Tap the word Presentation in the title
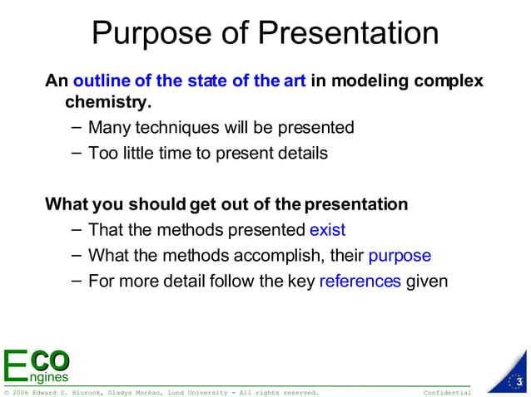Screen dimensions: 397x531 click(348, 33)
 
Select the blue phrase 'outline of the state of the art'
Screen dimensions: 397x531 click(190, 81)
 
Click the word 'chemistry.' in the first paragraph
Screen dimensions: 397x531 click(108, 102)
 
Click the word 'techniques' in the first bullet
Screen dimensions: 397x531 click(176, 128)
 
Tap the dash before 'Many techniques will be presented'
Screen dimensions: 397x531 click(77, 128)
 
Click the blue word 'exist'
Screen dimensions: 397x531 click(327, 230)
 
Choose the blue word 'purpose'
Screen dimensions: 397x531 click(399, 256)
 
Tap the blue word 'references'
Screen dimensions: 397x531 click(360, 281)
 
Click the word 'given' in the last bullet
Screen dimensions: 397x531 click(427, 281)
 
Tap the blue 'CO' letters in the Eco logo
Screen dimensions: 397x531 click(49, 360)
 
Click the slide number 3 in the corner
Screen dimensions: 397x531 click(518, 381)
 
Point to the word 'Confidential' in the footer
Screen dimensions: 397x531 click(447, 392)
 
